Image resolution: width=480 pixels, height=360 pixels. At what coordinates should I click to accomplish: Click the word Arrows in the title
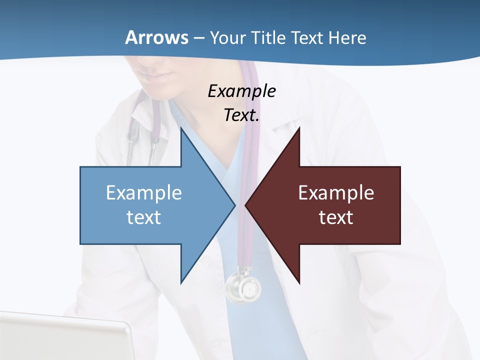(156, 37)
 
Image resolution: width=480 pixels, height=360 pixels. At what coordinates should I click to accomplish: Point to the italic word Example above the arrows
(241, 91)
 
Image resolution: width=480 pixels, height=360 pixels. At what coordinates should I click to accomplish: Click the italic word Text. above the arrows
(241, 115)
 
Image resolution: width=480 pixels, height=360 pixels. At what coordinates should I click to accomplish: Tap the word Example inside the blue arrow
(144, 192)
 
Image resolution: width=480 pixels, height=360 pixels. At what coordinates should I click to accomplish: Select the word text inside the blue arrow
(144, 217)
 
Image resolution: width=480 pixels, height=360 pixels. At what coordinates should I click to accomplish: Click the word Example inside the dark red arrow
(336, 192)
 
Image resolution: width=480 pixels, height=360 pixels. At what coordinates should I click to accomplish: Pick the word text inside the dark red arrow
(336, 217)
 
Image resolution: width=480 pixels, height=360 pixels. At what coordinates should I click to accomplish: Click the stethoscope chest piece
(244, 287)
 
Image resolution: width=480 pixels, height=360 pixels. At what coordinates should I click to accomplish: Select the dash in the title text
(198, 38)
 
